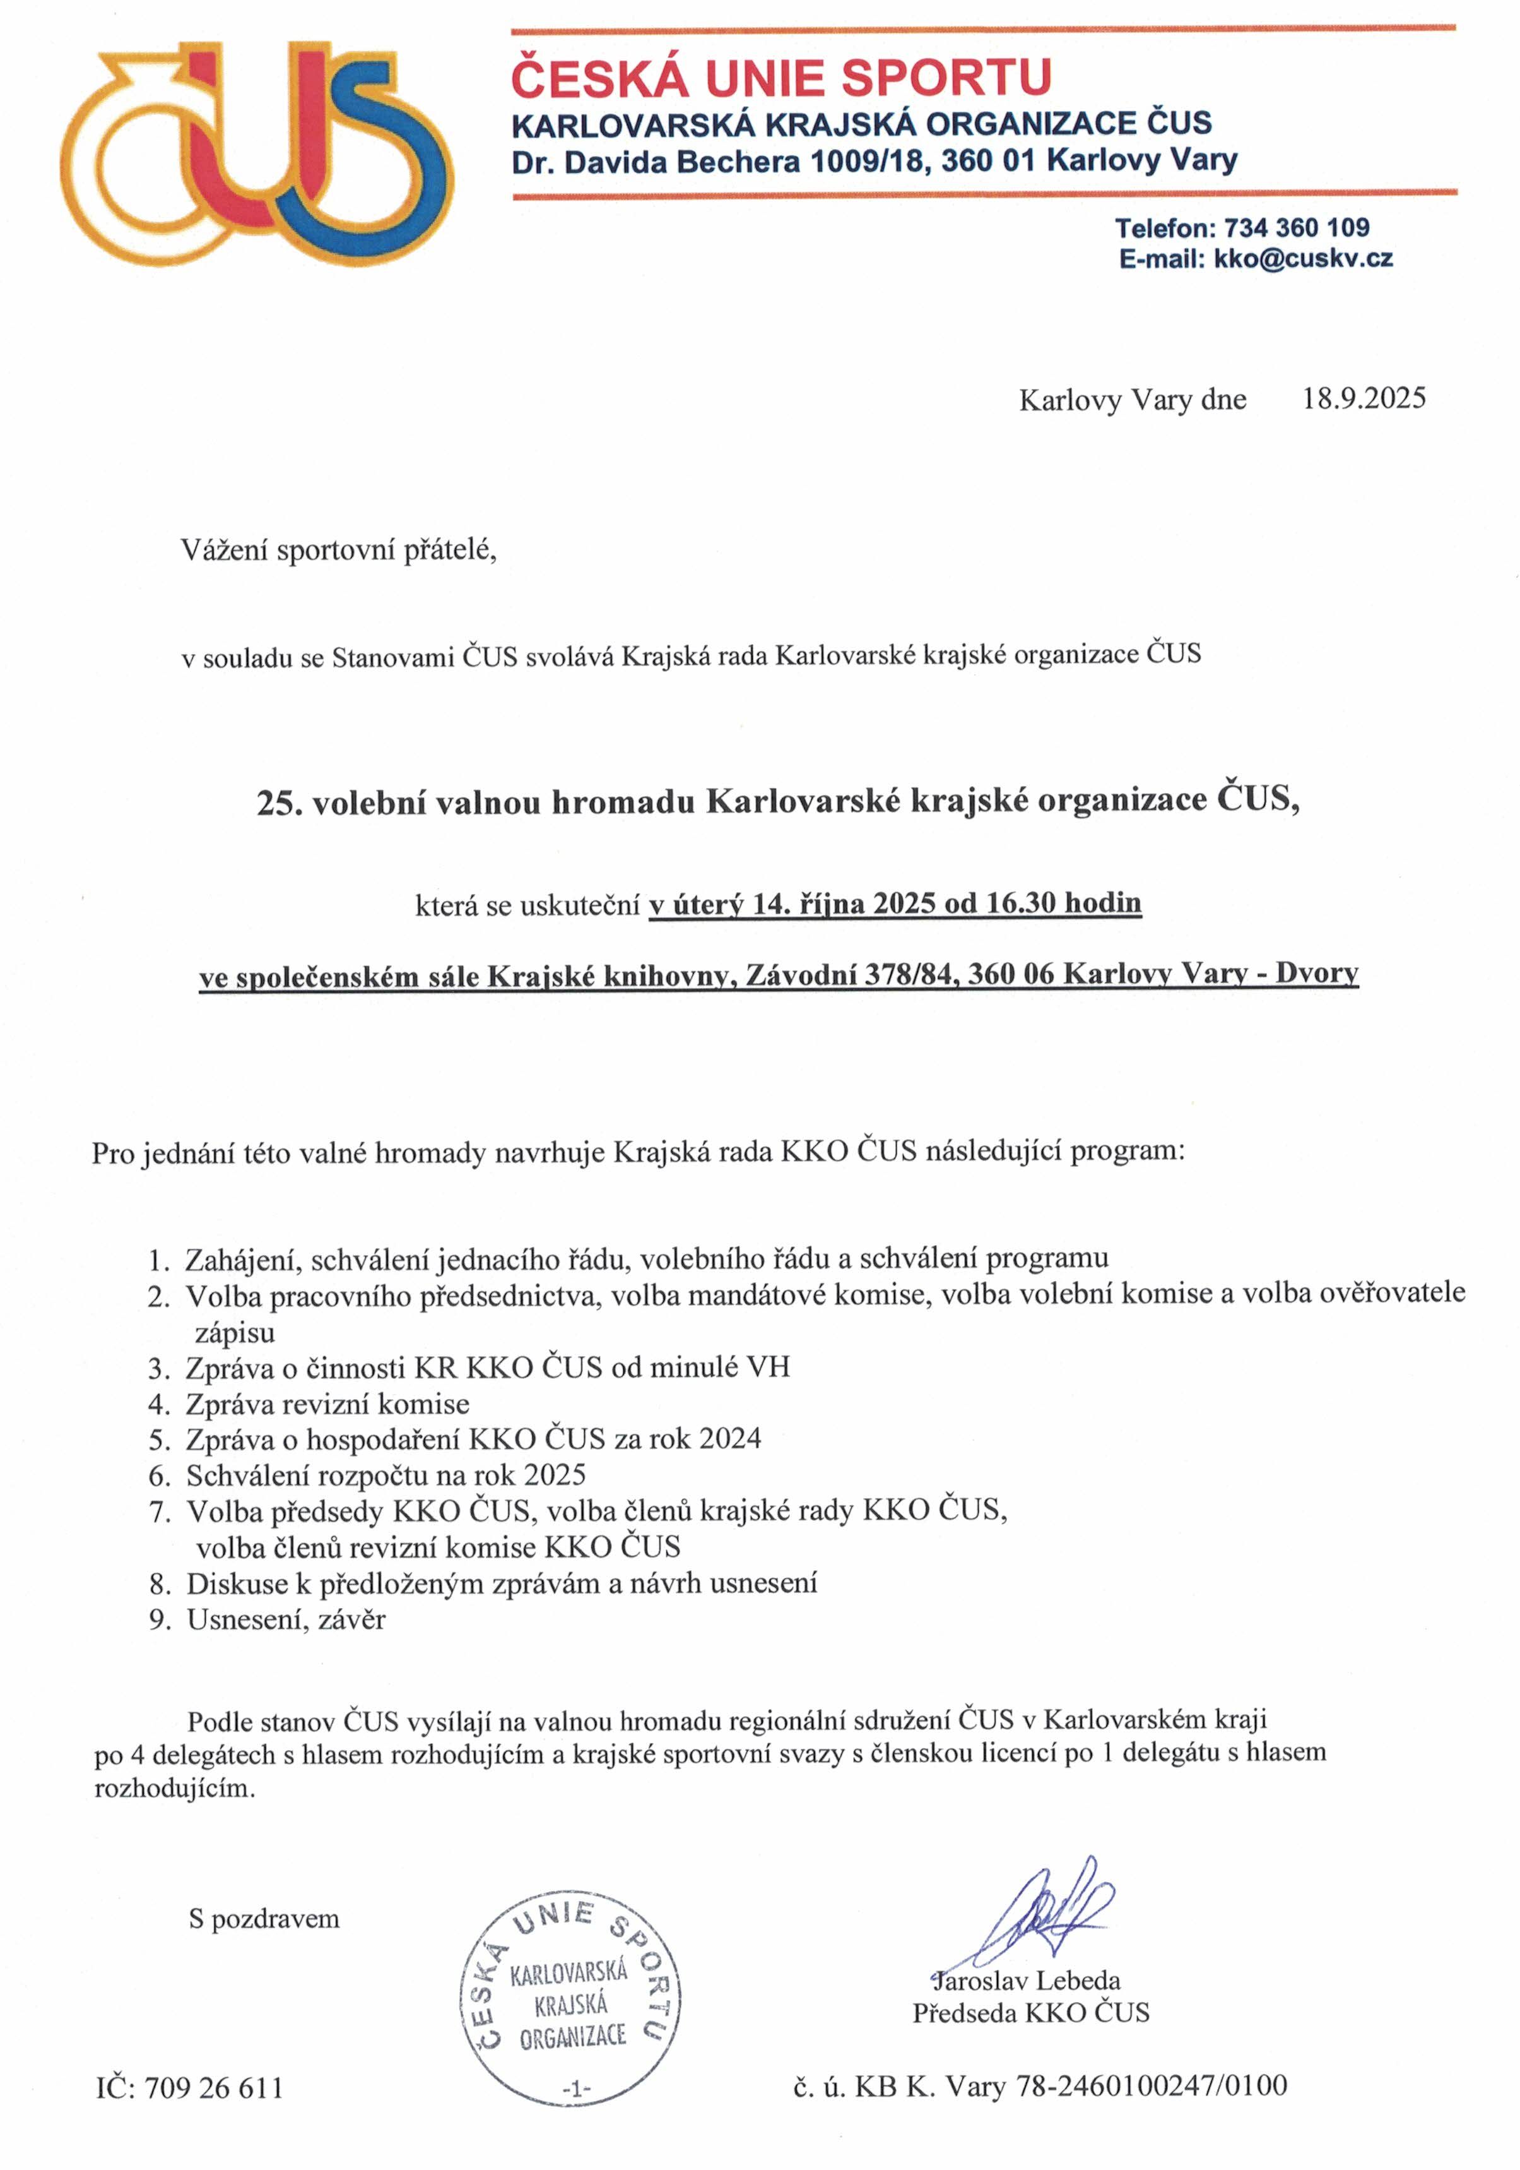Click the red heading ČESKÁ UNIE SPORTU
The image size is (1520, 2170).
[781, 78]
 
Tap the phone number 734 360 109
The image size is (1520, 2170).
[1296, 228]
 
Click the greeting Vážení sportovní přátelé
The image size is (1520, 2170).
[338, 549]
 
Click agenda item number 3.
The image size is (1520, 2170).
[159, 1368]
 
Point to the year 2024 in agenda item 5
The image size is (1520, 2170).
[729, 1438]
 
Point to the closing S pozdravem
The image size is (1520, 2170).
[264, 1919]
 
